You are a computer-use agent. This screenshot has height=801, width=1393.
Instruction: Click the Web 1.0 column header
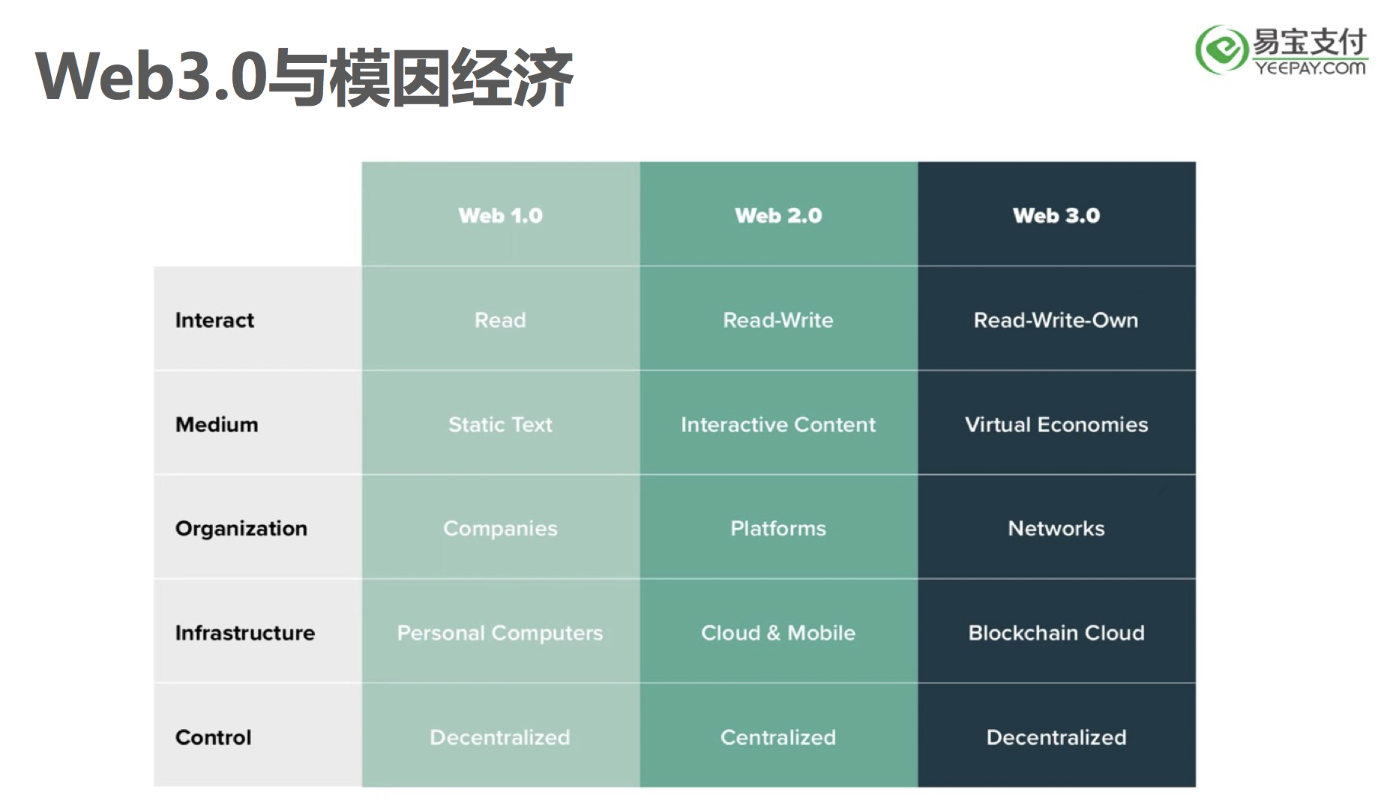[500, 215]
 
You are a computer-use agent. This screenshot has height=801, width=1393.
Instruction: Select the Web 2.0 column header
[778, 215]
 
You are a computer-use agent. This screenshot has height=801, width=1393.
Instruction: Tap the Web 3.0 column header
[1056, 215]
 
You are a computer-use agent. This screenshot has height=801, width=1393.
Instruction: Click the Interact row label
[214, 320]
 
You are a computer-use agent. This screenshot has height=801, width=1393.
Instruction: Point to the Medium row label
[217, 424]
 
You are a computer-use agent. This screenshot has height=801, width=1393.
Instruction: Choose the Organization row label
[241, 529]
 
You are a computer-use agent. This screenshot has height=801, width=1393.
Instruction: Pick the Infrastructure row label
[245, 633]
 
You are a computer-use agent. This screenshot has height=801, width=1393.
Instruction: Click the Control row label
[213, 737]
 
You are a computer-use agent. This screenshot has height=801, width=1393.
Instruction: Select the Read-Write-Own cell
[1056, 320]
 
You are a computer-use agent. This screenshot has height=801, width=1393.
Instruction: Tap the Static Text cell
[500, 424]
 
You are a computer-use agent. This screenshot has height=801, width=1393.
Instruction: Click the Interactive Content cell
[778, 424]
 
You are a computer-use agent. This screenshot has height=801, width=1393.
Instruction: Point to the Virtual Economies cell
[1056, 424]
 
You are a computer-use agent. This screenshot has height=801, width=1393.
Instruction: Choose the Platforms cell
[778, 529]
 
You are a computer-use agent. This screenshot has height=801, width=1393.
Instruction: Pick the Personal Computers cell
[500, 634]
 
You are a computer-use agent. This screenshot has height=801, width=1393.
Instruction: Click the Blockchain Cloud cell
[1056, 633]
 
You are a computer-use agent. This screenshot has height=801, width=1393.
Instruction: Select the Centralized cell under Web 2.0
[778, 737]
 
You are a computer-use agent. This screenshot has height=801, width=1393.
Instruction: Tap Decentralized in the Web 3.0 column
[1056, 737]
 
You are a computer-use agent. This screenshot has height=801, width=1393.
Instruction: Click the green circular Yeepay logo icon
[1221, 49]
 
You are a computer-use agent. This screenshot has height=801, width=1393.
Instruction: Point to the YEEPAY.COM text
[1311, 68]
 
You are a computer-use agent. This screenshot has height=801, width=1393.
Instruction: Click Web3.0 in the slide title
[151, 76]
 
